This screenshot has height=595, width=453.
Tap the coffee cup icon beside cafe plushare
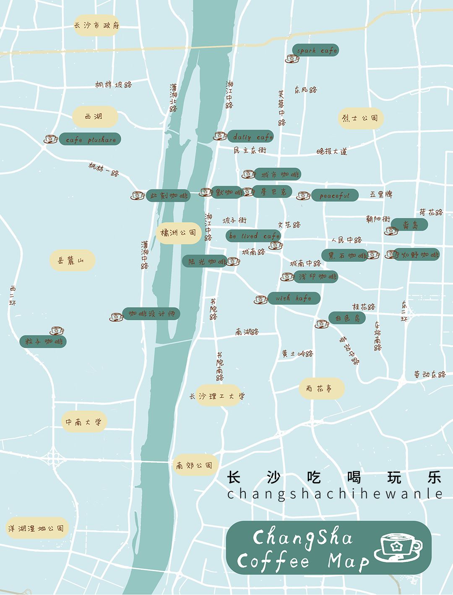click(51, 139)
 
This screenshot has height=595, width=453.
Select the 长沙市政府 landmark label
click(96, 25)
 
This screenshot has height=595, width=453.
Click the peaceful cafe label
click(334, 195)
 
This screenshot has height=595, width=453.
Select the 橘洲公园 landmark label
click(179, 233)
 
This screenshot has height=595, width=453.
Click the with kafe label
click(294, 298)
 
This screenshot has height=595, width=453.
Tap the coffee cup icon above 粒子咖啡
click(57, 330)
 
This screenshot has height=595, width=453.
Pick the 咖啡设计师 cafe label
click(151, 314)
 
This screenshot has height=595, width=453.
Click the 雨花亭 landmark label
click(322, 388)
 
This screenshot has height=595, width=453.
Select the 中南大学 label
click(84, 422)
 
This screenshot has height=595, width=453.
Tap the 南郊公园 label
click(194, 465)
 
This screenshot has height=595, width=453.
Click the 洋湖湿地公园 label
click(36, 528)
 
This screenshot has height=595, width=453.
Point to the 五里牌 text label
click(381, 194)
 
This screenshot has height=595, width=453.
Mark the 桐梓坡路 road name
click(113, 84)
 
